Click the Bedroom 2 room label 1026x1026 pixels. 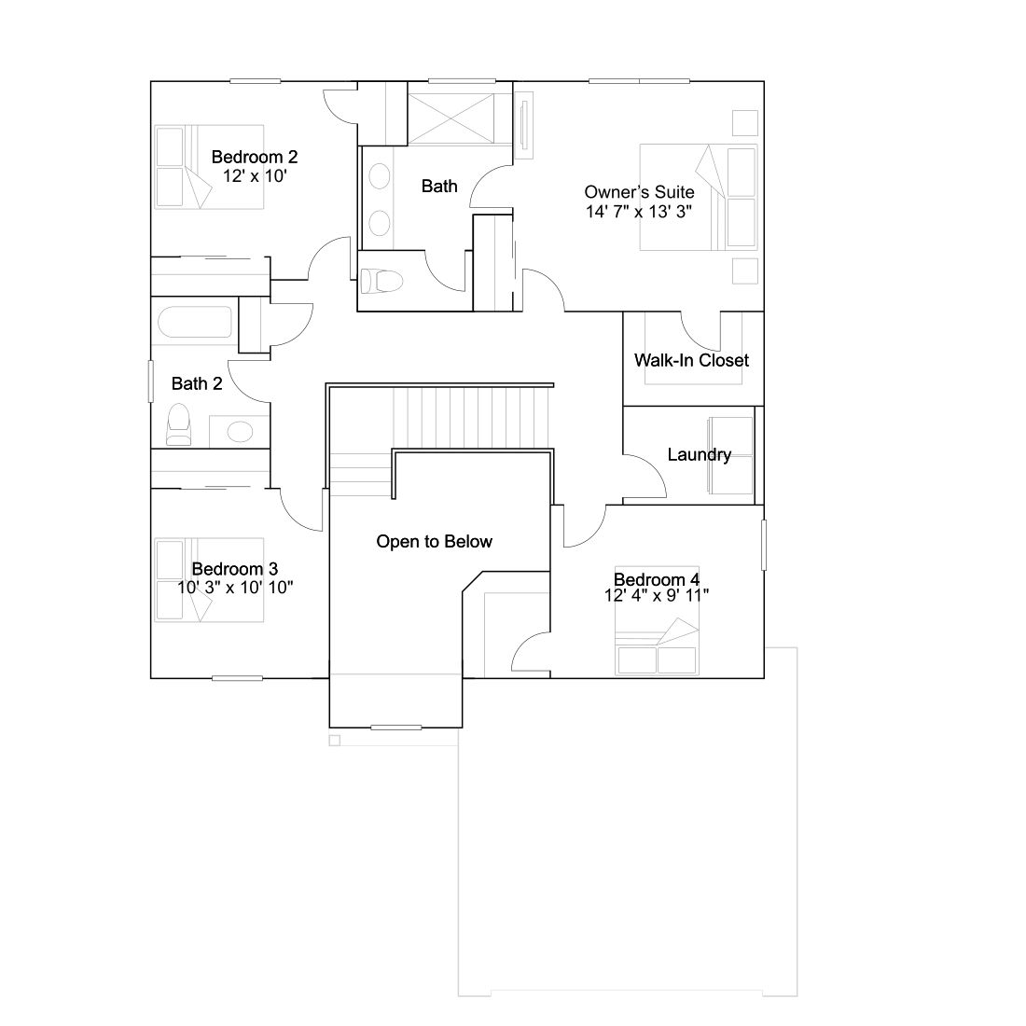click(x=255, y=157)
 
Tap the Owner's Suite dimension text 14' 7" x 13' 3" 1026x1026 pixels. click(x=639, y=212)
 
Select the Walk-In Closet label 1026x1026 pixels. click(x=692, y=360)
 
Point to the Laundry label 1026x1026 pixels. click(x=699, y=455)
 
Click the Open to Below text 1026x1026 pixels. click(x=434, y=542)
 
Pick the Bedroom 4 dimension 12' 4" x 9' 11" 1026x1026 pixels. click(x=657, y=595)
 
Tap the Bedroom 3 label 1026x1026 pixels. click(x=235, y=569)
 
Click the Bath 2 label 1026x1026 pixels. click(x=197, y=383)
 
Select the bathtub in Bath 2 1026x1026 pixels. click(x=195, y=322)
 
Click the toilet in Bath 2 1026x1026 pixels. click(x=179, y=424)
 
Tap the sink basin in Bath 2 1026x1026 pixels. click(x=240, y=432)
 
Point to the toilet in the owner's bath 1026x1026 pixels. click(x=381, y=282)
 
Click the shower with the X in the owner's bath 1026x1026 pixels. click(x=451, y=119)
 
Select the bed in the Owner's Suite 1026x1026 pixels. click(x=699, y=197)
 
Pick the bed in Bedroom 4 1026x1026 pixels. click(x=657, y=620)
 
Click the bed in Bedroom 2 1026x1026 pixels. click(x=209, y=167)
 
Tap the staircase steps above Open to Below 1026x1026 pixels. click(x=471, y=418)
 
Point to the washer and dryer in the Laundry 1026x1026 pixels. click(x=730, y=456)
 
